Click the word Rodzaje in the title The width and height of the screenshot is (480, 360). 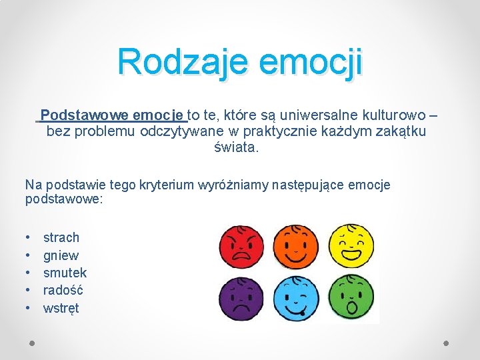(181, 62)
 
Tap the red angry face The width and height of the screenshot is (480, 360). (242, 244)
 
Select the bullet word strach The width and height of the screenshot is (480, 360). (61, 237)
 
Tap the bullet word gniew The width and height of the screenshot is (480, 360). (61, 255)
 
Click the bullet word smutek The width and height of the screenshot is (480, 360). (65, 273)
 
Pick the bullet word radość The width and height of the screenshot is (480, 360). (63, 290)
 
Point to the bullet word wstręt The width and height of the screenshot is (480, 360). (61, 308)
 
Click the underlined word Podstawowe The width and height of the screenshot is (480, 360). (77, 114)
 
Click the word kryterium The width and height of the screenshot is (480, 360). (166, 185)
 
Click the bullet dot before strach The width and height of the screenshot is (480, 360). (28, 237)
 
